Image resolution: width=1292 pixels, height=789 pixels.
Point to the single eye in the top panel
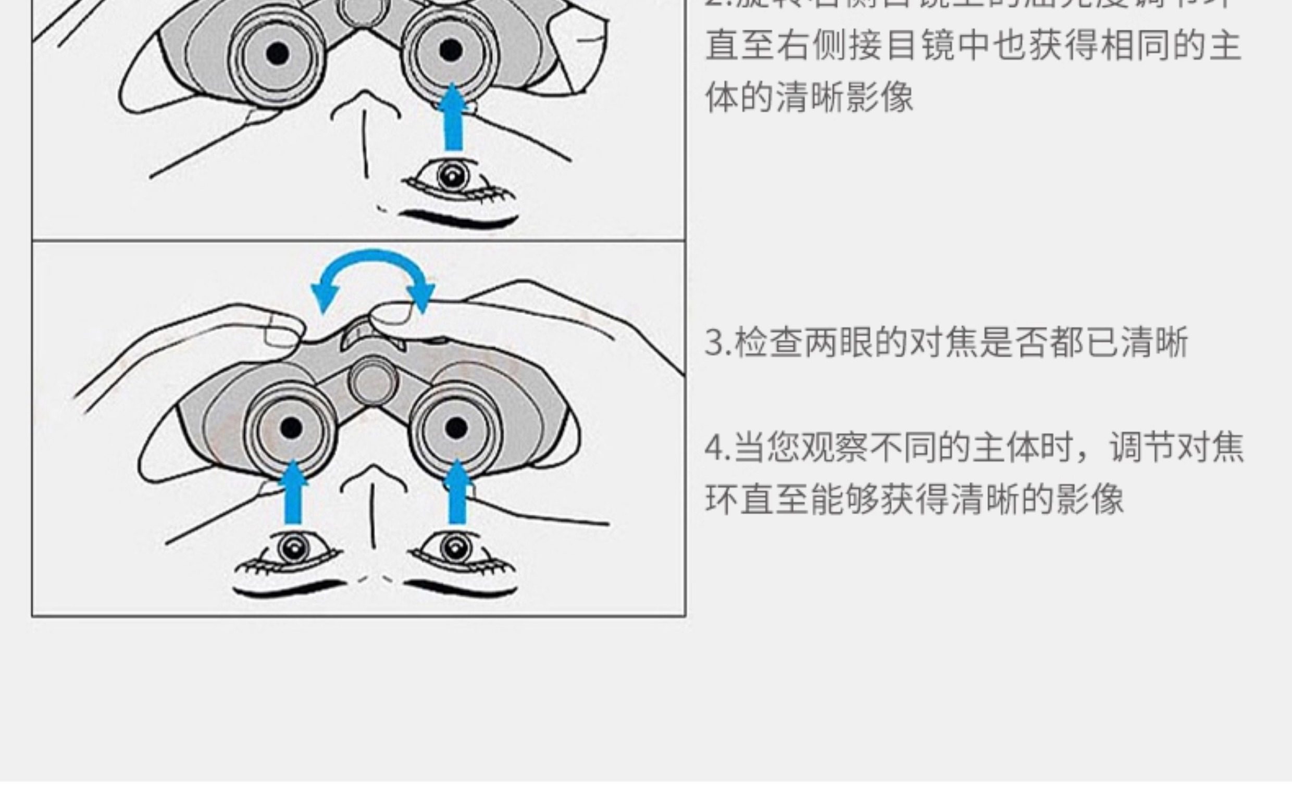(452, 176)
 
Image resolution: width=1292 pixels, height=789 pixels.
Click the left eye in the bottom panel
(293, 549)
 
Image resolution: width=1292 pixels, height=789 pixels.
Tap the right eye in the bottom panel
(454, 548)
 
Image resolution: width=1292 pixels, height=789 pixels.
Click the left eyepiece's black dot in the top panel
(277, 53)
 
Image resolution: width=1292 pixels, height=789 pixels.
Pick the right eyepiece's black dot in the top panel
(451, 51)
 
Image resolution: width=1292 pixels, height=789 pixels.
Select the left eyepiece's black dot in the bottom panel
(291, 428)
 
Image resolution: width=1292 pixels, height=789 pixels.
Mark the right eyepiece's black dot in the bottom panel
(456, 428)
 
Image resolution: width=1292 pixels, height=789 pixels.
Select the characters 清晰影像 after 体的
(844, 98)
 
